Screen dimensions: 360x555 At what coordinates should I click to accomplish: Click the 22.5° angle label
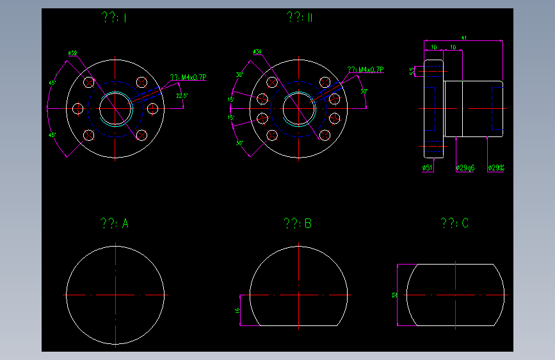point(182,95)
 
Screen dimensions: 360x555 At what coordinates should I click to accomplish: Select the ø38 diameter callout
point(72,53)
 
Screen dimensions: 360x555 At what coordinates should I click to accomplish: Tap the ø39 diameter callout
point(257,52)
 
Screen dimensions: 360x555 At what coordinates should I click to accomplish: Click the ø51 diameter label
point(427,168)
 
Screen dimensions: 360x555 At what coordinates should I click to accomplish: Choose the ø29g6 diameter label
point(465,168)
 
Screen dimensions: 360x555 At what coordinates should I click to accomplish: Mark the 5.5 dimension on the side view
point(412,71)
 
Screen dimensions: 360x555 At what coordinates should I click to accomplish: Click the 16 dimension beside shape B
point(237,310)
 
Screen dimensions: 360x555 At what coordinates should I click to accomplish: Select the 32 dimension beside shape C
point(395,295)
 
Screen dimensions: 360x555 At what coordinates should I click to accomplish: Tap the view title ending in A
point(115,224)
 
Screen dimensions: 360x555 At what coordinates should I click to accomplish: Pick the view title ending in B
point(298,224)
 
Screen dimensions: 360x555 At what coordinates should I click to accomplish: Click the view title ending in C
point(454,223)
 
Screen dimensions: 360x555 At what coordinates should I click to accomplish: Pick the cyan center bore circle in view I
point(115,108)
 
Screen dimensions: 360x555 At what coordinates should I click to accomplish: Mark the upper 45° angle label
point(53,83)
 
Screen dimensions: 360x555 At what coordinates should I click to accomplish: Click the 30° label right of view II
point(364,92)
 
